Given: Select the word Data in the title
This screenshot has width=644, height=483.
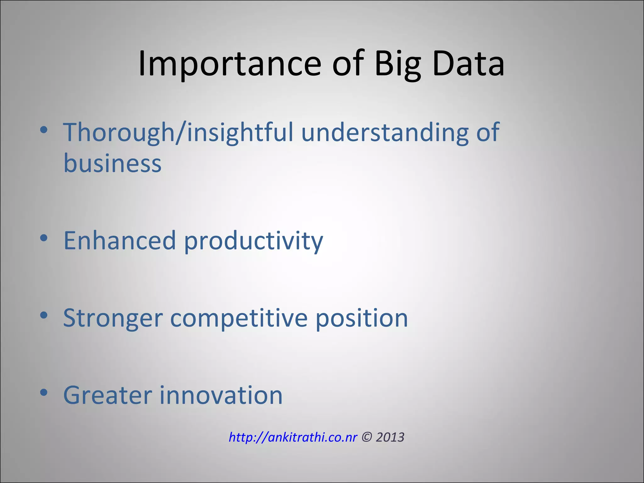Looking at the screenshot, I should tap(469, 64).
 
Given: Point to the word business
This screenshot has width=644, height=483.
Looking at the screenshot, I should tap(112, 164).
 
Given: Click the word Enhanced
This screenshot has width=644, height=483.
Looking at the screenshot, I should tap(119, 241).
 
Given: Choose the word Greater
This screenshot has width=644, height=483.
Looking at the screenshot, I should tap(108, 395).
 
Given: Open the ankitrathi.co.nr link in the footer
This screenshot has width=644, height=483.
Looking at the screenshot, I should tap(293, 437).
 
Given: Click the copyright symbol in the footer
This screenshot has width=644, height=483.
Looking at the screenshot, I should tap(366, 437).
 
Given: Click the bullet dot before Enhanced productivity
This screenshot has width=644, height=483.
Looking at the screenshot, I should tap(44, 238).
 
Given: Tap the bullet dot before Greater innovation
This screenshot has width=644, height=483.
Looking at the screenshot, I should tap(44, 392).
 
